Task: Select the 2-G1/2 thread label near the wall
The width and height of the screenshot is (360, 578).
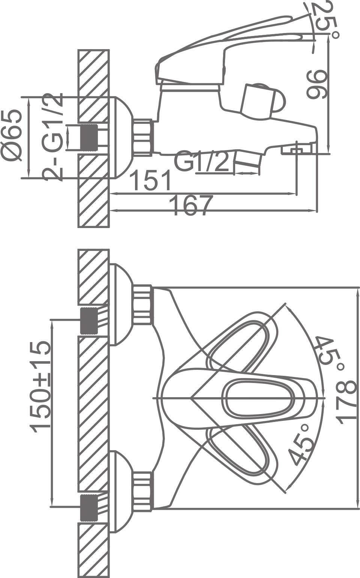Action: point(53,137)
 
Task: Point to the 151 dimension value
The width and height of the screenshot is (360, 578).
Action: point(150,181)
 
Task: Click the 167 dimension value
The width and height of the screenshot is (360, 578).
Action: point(191,206)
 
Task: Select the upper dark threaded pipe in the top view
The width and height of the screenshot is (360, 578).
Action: point(89,320)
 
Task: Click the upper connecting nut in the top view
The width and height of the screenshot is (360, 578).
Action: point(143,305)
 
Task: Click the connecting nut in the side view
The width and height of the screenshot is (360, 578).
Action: point(143,137)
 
